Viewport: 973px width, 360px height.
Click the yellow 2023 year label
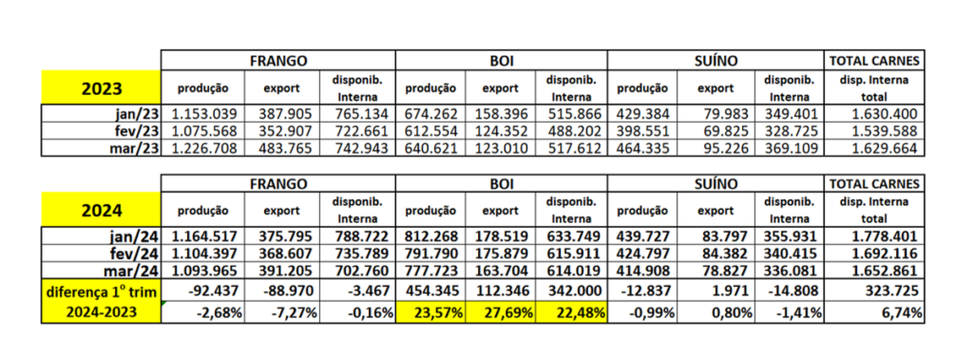(100, 88)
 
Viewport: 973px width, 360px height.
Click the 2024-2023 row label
(100, 313)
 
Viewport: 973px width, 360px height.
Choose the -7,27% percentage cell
(281, 313)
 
